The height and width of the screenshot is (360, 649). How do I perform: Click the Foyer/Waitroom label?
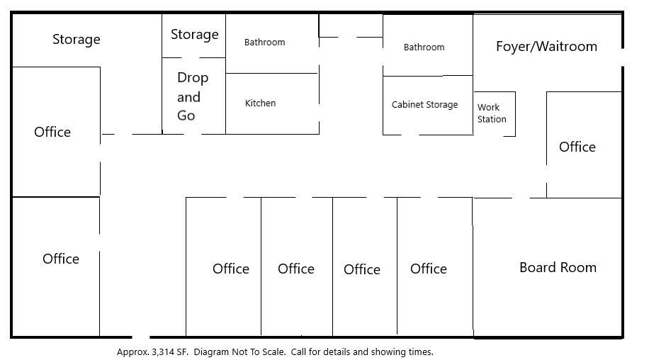pos(546,46)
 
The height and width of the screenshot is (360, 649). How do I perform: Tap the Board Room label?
pos(558,267)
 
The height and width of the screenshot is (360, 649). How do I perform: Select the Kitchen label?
pos(260,103)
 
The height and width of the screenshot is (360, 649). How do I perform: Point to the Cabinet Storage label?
pos(424,104)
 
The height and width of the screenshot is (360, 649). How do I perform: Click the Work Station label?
pos(492,113)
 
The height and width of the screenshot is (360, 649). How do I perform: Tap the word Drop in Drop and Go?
pos(193,78)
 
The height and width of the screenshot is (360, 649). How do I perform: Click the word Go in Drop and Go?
pos(186,116)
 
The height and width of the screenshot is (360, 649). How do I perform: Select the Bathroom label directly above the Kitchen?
pos(264,43)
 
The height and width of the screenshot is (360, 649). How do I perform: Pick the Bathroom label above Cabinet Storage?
pos(424,47)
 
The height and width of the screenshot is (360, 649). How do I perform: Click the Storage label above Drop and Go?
pos(195,35)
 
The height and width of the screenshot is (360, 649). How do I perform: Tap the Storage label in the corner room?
pos(76,40)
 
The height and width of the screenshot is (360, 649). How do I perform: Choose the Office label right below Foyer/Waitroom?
pos(577,147)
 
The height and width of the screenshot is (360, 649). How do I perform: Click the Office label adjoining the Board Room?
pos(429,269)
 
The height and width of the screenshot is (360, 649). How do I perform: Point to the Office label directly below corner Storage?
pos(52,132)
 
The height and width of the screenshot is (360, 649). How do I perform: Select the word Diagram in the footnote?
pos(212,352)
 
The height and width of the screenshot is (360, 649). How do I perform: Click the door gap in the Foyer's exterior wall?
pos(623,57)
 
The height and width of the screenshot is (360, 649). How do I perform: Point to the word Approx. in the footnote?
pos(132,352)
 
